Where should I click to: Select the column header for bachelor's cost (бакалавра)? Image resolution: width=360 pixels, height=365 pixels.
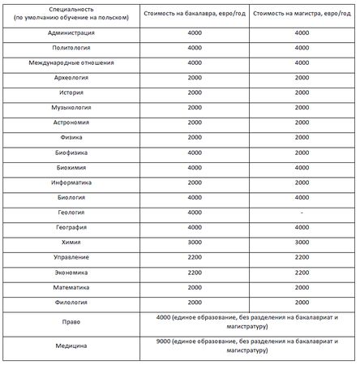(194, 15)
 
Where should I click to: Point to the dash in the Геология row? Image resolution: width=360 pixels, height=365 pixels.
(300, 213)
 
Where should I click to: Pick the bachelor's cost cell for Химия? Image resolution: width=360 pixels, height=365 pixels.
(194, 243)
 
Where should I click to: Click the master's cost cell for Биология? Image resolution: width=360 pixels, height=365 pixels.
(300, 197)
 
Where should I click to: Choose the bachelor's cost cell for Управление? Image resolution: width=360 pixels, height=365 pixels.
(194, 257)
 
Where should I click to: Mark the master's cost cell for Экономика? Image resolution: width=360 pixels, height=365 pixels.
(300, 273)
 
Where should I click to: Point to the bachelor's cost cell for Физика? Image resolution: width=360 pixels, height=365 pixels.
(194, 137)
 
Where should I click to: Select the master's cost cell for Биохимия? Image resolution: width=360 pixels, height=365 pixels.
(300, 167)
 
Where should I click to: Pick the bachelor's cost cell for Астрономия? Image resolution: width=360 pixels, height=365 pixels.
(194, 122)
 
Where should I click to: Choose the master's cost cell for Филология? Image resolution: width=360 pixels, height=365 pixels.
(300, 303)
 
